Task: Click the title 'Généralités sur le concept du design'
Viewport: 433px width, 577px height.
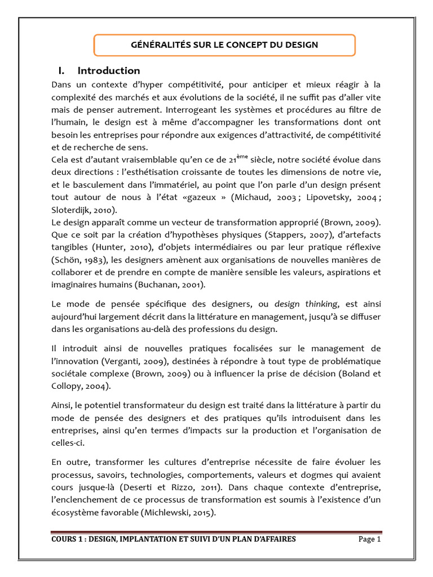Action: click(x=224, y=45)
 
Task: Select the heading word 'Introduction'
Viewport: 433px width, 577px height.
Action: click(x=109, y=71)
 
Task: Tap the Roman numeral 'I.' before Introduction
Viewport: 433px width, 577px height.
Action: click(x=63, y=71)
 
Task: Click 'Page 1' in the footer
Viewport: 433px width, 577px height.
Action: click(x=370, y=540)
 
